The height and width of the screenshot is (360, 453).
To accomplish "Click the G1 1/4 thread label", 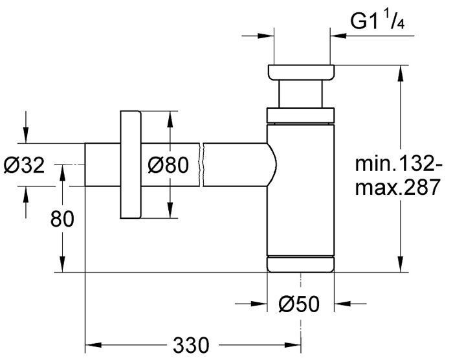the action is (377, 21).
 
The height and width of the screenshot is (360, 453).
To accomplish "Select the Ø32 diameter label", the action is (25, 165).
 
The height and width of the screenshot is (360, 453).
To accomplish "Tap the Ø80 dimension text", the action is (168, 165).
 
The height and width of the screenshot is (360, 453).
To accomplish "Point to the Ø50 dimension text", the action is (299, 304).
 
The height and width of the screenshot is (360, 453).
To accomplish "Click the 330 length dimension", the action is (191, 344).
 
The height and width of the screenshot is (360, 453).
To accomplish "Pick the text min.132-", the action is (398, 164).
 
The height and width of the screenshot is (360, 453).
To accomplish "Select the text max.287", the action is (397, 187).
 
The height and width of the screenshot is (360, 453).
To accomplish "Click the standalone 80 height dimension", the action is (62, 219).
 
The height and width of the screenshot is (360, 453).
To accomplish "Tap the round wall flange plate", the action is (130, 164).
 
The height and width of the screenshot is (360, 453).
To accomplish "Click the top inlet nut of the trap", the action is (301, 73).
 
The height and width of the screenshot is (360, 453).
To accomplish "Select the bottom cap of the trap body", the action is (300, 264).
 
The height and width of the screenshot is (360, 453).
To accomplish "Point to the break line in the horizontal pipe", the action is (201, 165).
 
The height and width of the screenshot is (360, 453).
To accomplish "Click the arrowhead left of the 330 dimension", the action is (94, 345).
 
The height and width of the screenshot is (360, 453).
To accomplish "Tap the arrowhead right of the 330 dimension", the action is (293, 345).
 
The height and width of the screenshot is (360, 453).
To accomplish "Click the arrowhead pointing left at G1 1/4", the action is (338, 36).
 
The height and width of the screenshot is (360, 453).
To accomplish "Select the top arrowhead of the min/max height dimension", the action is (401, 73).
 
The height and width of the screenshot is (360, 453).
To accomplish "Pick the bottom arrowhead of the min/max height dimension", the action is (401, 264).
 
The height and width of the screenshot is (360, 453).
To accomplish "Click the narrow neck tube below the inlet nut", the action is (300, 94).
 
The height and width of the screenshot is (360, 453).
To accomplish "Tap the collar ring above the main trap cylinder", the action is (300, 115).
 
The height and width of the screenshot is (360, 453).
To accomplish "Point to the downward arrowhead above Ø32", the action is (26, 135).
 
